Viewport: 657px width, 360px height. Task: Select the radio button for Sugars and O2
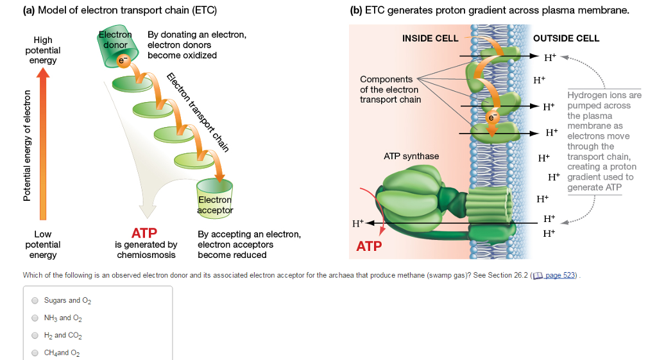35,300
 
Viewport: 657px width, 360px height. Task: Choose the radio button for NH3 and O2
35,318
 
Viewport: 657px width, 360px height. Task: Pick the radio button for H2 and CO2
35,335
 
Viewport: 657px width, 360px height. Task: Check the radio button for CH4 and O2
35,352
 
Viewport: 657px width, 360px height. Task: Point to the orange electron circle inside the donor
121,62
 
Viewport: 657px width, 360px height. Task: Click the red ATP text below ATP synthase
369,246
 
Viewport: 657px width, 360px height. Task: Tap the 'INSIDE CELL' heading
430,39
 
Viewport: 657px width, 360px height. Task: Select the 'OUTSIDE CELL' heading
566,39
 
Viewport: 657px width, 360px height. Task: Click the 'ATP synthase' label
411,156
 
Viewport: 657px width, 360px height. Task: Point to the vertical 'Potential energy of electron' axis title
27,146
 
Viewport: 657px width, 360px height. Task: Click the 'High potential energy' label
43,50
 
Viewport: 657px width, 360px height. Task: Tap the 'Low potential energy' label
43,244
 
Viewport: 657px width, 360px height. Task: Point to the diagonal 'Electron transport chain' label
198,113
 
